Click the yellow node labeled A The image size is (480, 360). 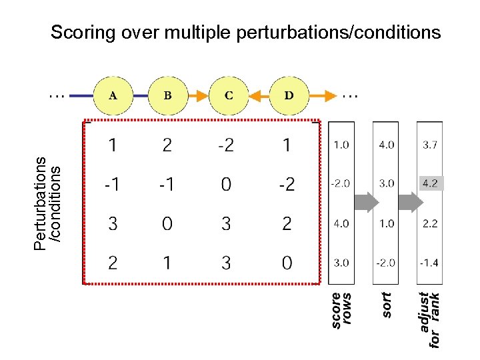click(x=113, y=95)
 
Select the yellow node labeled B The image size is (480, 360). click(x=167, y=95)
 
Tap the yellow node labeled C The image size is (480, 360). click(x=229, y=95)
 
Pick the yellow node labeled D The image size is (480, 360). click(x=289, y=95)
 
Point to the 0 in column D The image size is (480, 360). click(x=287, y=263)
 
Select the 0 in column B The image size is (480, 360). click(x=167, y=224)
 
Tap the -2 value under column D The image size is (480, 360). click(x=286, y=185)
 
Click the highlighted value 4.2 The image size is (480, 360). click(x=429, y=183)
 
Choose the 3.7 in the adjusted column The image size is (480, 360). click(x=429, y=144)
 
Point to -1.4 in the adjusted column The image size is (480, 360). click(x=429, y=263)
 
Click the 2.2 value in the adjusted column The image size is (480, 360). click(x=429, y=223)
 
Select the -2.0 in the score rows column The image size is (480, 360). click(x=341, y=183)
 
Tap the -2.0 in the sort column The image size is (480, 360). click(x=385, y=263)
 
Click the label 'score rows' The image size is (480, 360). click(x=341, y=309)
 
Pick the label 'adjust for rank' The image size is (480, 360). click(x=430, y=318)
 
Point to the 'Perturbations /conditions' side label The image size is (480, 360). click(x=49, y=203)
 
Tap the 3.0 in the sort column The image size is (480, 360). click(x=386, y=183)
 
